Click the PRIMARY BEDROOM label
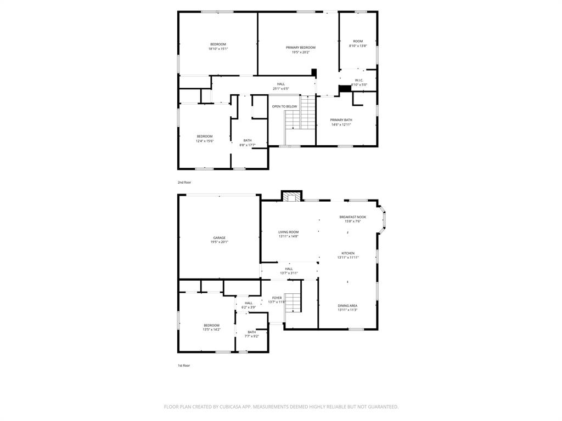[x=300, y=48]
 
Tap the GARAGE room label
[x=219, y=238]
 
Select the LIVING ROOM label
[x=288, y=232]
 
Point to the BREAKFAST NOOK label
[x=352, y=217]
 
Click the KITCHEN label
[x=348, y=253]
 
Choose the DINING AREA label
[x=347, y=306]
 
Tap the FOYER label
[x=277, y=298]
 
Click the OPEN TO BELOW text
[x=284, y=106]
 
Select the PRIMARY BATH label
[x=341, y=120]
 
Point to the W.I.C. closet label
[x=359, y=81]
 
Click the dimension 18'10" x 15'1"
[x=218, y=49]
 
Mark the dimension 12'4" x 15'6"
[x=205, y=141]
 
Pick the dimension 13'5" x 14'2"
[x=211, y=329]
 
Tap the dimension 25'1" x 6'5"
[x=280, y=89]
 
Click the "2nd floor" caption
[x=184, y=182]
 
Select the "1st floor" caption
[x=183, y=365]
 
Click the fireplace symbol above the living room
[x=292, y=196]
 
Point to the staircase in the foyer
[x=294, y=303]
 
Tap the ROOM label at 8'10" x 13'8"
[x=358, y=41]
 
